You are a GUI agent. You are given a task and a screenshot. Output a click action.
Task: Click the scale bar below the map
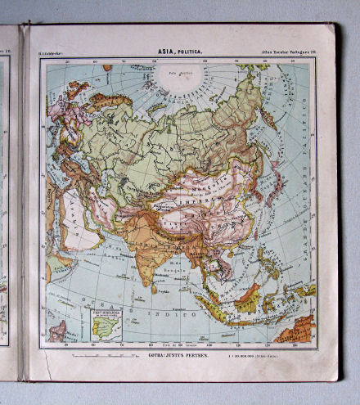(x=96, y=355)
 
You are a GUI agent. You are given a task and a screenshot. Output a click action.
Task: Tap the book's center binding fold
(x=24, y=205)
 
